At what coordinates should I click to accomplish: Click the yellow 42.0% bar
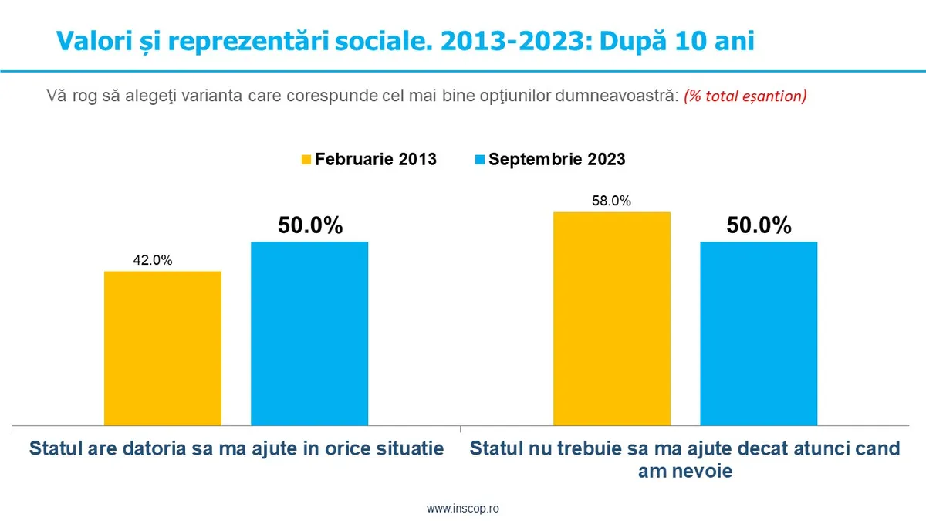click(x=163, y=347)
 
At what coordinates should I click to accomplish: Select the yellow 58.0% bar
click(x=612, y=318)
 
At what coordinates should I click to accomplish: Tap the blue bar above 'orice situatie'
click(x=309, y=333)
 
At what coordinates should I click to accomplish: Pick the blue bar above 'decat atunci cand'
click(x=759, y=333)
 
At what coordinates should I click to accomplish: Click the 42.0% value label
click(x=153, y=260)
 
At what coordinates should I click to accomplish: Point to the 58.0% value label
click(x=612, y=201)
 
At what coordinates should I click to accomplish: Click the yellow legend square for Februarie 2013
click(x=306, y=160)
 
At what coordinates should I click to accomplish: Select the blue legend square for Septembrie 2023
click(x=479, y=160)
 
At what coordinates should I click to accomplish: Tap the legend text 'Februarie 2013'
click(x=376, y=160)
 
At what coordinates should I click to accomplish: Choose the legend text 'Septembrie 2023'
click(x=556, y=160)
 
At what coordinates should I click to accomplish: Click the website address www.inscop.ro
click(x=463, y=509)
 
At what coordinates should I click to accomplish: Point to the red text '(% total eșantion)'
click(x=745, y=96)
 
